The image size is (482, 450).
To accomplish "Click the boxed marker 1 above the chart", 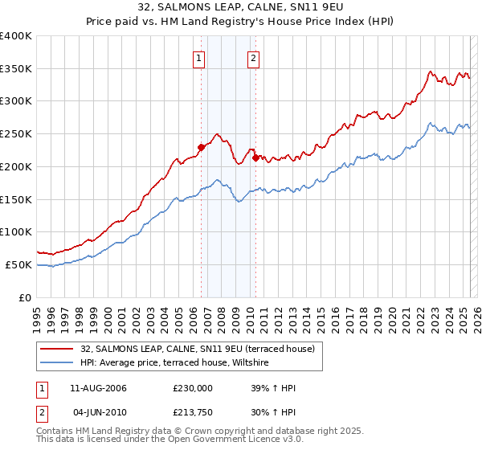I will click(198, 57).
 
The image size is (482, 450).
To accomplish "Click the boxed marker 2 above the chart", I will click(253, 57).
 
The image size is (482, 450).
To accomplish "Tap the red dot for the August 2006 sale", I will click(201, 146).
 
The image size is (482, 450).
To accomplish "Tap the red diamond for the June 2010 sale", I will click(255, 157).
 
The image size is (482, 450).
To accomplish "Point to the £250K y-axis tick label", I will click(16, 133).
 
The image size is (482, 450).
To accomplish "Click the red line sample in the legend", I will click(57, 348).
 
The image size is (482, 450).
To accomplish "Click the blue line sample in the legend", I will click(57, 363).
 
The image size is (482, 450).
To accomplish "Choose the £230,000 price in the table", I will click(193, 388).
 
